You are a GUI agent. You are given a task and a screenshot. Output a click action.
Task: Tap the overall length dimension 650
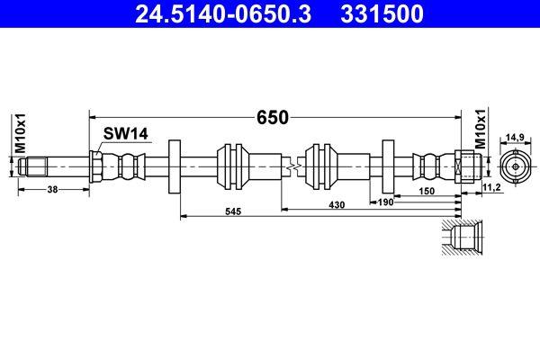click(273, 117)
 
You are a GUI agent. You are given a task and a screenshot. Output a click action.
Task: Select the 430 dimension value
click(336, 205)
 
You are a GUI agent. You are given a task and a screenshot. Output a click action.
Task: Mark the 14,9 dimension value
click(514, 137)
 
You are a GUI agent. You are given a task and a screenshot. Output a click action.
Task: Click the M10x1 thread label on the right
click(480, 131)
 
